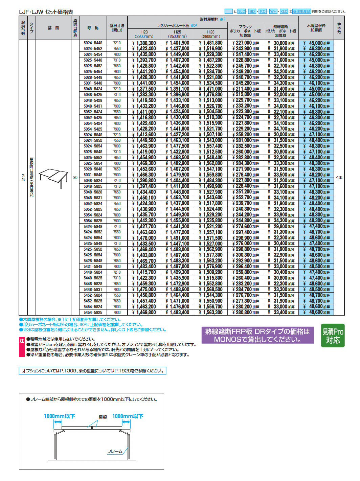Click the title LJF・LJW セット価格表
click(x=46, y=12)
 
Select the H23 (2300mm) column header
click(x=144, y=34)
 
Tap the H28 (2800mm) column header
click(x=211, y=34)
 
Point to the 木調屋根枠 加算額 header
click(x=316, y=28)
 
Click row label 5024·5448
click(x=93, y=43)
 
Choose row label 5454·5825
click(x=93, y=313)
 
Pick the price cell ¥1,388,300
click(x=144, y=43)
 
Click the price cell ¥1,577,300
click(x=211, y=255)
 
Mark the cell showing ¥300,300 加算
click(x=246, y=255)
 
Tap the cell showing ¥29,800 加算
click(x=281, y=227)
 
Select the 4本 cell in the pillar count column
click(x=339, y=178)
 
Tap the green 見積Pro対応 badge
click(x=333, y=336)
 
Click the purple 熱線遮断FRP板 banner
click(x=257, y=335)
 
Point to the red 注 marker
click(x=22, y=341)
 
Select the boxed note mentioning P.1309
click(x=92, y=371)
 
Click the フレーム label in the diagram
click(x=115, y=452)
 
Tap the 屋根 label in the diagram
click(x=103, y=417)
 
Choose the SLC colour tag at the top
click(x=241, y=12)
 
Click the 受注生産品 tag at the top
click(x=301, y=12)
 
